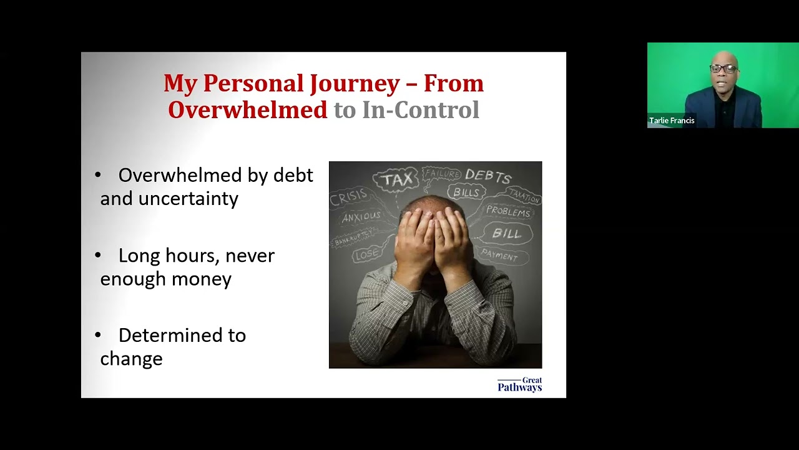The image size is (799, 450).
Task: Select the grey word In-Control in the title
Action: (420, 110)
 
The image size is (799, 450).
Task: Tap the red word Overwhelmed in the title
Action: (247, 110)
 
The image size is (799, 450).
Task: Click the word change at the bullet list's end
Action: (131, 359)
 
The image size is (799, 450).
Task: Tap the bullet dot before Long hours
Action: (98, 255)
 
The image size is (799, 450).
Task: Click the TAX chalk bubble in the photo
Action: (397, 180)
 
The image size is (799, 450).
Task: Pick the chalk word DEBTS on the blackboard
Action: (488, 176)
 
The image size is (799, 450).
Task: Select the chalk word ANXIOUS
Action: (361, 217)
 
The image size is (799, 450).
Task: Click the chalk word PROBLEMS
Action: (507, 211)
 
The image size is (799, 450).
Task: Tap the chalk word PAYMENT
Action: (499, 255)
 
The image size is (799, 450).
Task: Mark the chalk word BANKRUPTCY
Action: (354, 237)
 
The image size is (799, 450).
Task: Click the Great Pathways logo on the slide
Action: (519, 384)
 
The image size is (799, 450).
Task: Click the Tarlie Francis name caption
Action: (672, 121)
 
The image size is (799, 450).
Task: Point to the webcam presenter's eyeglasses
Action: (723, 69)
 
